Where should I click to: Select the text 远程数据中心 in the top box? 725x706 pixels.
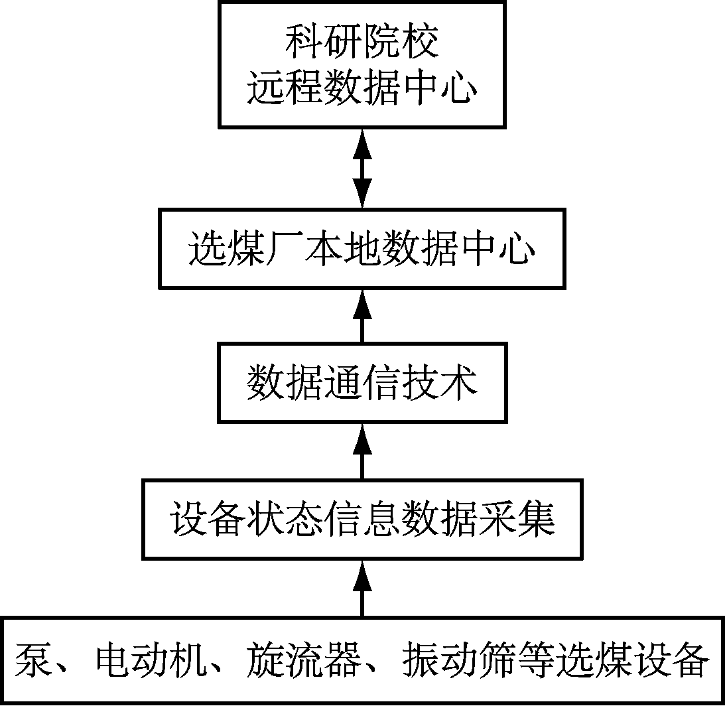click(362, 90)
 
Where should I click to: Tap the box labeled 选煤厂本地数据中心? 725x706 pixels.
click(362, 249)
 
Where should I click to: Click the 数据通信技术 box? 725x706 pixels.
click(362, 383)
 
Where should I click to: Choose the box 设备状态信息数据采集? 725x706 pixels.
click(362, 520)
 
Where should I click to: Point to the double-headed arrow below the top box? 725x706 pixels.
click(362, 168)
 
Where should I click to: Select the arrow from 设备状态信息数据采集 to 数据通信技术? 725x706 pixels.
click(362, 452)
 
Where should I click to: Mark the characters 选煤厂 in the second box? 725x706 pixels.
click(228, 250)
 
